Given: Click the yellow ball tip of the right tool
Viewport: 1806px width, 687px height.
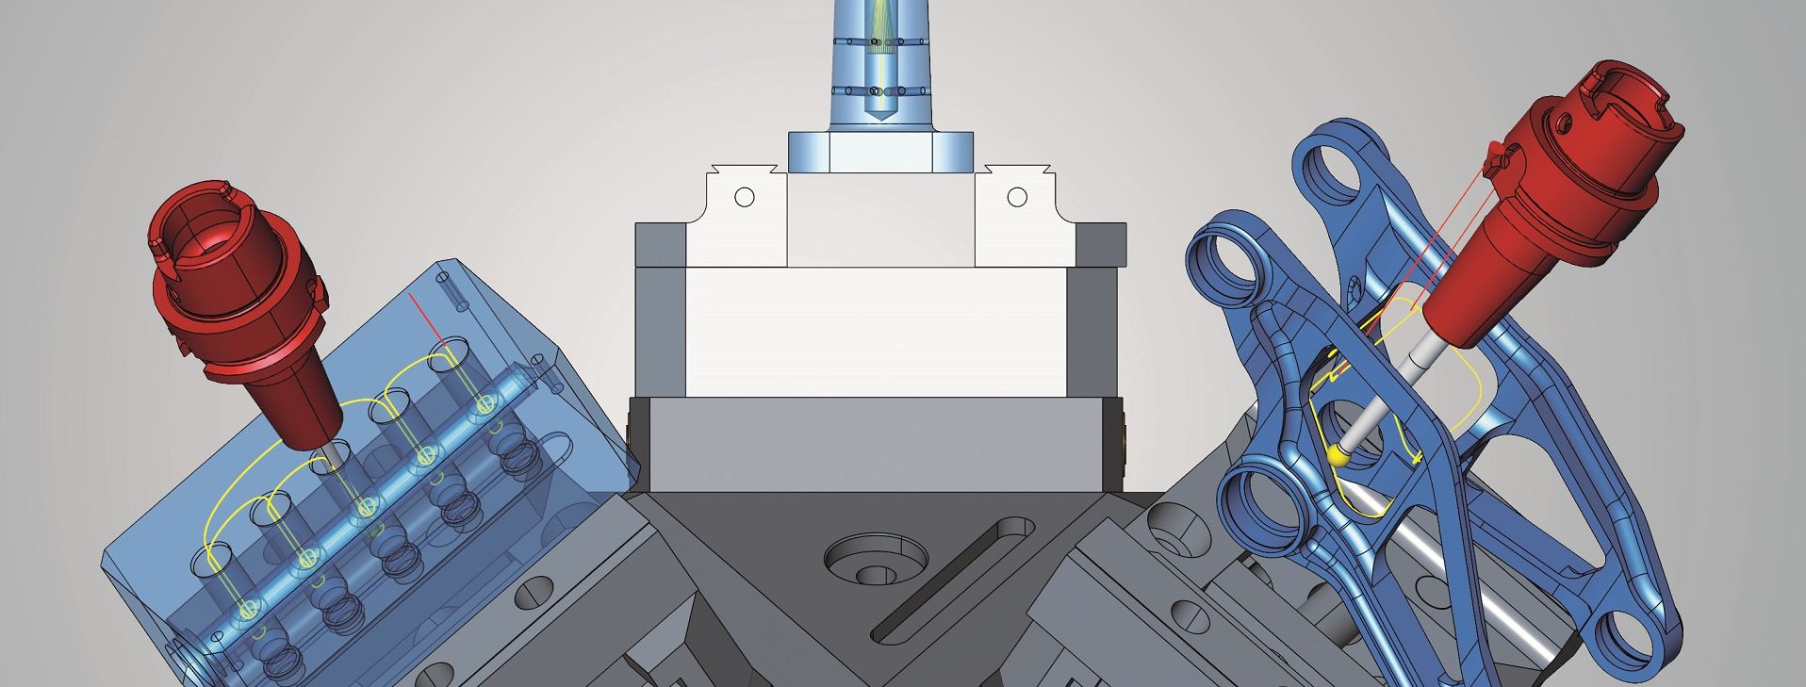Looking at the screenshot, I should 1337,456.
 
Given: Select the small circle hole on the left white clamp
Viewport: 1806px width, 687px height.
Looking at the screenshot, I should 745,197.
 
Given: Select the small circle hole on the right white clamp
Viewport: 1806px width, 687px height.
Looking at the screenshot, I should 1016,197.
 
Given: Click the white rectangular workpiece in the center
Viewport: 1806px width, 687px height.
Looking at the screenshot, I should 877,330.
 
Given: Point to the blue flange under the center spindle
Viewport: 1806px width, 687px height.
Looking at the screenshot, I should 879,152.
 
